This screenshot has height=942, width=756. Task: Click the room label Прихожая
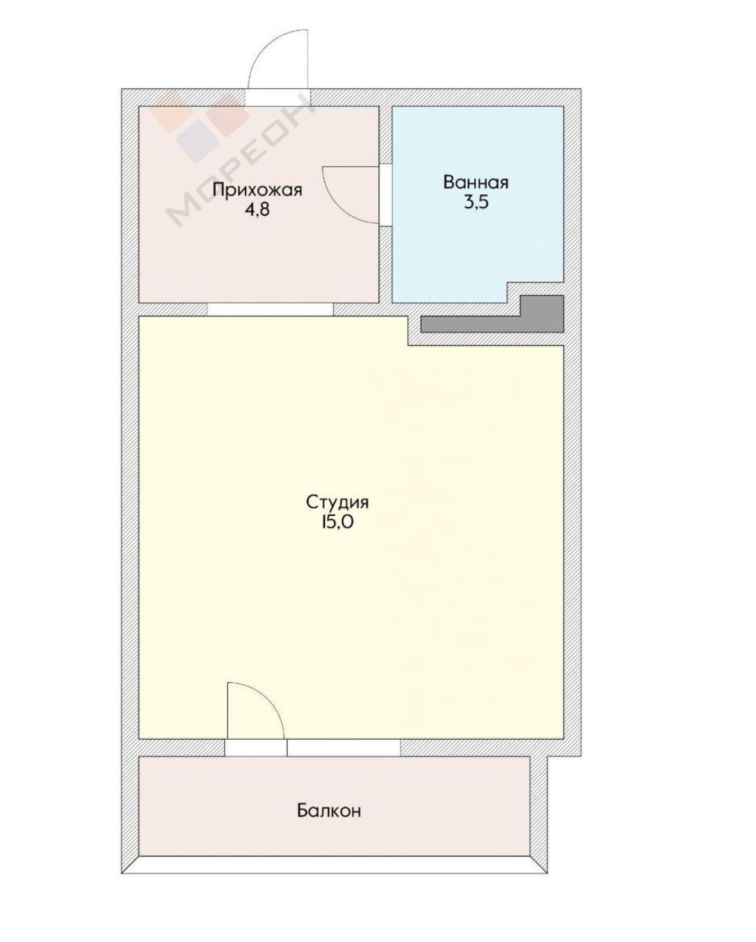pyautogui.click(x=257, y=191)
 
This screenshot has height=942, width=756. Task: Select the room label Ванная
pyautogui.click(x=476, y=183)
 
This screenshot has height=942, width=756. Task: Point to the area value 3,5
pyautogui.click(x=476, y=202)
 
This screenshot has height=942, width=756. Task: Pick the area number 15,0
pyautogui.click(x=337, y=523)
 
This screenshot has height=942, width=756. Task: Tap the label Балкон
pyautogui.click(x=329, y=811)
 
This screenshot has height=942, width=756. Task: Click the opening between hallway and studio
pyautogui.click(x=270, y=309)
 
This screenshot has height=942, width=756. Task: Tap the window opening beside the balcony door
pyautogui.click(x=344, y=747)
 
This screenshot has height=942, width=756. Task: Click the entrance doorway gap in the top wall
pyautogui.click(x=278, y=97)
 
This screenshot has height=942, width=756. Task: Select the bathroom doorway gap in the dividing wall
pyautogui.click(x=386, y=195)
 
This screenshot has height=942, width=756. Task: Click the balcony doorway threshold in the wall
pyautogui.click(x=256, y=747)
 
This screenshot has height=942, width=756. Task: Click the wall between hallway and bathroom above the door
pyautogui.click(x=386, y=135)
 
